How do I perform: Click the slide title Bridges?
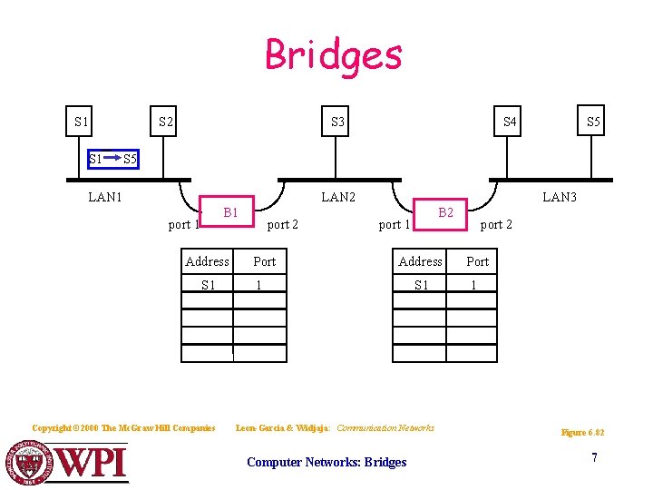[333, 54]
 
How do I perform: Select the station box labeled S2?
[166, 122]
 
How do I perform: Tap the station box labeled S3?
[337, 122]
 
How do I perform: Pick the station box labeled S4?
[511, 122]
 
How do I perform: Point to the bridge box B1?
[230, 212]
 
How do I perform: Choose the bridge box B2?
[445, 212]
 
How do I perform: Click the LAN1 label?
[105, 196]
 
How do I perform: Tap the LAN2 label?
[338, 196]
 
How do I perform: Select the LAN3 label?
[559, 196]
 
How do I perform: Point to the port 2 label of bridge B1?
[283, 224]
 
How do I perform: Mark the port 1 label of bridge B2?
[395, 224]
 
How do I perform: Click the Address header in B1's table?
[207, 261]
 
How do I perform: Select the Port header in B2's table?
[477, 261]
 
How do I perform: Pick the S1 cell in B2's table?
[421, 285]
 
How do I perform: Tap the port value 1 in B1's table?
[259, 285]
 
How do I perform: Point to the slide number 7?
[594, 457]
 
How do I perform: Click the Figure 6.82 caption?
[582, 433]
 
